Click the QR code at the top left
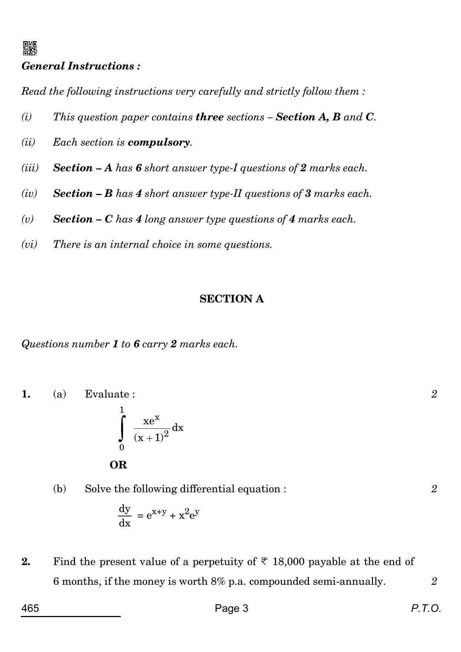pos(30,48)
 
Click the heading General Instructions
pos(81,66)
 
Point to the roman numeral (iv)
pos(29,194)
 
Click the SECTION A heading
pos(231,299)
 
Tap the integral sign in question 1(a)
pos(122,428)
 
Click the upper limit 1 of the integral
pos(121,410)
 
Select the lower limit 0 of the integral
pos(121,448)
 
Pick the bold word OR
pos(119,465)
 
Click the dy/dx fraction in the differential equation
pos(125,516)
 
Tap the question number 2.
pos(26,562)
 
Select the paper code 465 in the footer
pos(30,609)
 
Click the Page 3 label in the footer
pos(231,609)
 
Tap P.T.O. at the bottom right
pos(426,609)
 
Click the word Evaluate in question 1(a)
pos(107,394)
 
